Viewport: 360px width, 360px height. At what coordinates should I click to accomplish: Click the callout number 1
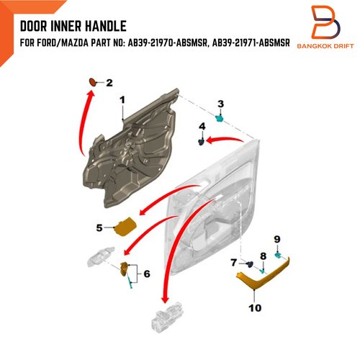pos(122,100)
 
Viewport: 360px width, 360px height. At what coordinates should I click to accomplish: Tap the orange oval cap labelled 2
pos(93,82)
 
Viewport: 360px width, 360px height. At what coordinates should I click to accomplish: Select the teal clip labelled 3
pos(220,118)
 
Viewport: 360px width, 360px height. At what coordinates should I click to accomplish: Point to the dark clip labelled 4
pos(201,142)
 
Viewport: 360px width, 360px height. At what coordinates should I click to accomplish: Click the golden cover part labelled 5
pos(125,227)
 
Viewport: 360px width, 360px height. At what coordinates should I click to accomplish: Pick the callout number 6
pos(147,274)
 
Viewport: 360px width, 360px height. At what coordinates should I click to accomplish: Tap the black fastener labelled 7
pos(250,264)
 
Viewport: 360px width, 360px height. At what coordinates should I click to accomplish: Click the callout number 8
pos(264,256)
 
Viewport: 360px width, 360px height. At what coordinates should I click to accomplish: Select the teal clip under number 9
pos(278,256)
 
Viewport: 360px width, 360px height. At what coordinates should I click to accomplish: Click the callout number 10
pos(255,308)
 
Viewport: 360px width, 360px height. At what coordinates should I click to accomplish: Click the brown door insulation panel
pos(130,149)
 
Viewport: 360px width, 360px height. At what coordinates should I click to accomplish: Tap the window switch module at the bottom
pos(167,317)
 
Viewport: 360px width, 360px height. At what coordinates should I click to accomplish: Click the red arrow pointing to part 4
pos(225,139)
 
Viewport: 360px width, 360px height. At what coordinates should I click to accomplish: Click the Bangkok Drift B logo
pos(325,22)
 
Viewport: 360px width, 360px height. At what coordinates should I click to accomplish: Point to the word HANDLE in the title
pos(106,26)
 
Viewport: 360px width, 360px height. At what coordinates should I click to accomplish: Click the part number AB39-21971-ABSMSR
pos(251,43)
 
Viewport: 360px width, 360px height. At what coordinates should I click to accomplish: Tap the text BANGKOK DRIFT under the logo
pos(325,46)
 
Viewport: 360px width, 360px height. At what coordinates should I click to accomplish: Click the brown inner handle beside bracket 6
pos(124,269)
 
